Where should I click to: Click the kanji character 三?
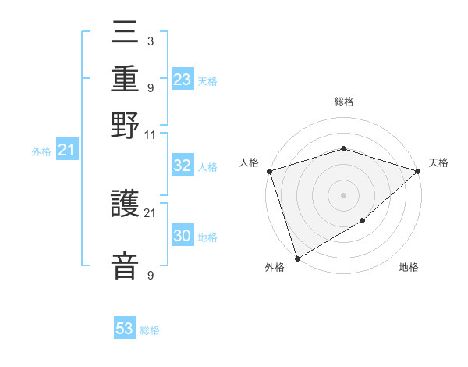pyautogui.click(x=126, y=34)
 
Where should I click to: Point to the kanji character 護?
pyautogui.click(x=126, y=205)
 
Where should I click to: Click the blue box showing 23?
pyautogui.click(x=183, y=80)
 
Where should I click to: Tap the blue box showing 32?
pyautogui.click(x=183, y=166)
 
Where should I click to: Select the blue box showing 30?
pyautogui.click(x=183, y=237)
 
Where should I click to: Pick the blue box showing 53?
pyautogui.click(x=125, y=329)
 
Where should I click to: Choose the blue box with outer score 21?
pyautogui.click(x=66, y=150)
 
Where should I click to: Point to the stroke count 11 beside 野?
pyautogui.click(x=151, y=135)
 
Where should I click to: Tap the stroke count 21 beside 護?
pyautogui.click(x=151, y=212)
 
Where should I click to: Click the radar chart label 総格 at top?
pyautogui.click(x=343, y=102)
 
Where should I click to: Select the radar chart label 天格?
pyautogui.click(x=438, y=162)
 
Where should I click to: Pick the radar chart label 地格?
pyautogui.click(x=409, y=268)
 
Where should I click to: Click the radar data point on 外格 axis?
pyautogui.click(x=297, y=258)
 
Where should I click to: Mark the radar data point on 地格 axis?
pyautogui.click(x=363, y=222)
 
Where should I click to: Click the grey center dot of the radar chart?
pyautogui.click(x=343, y=194)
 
